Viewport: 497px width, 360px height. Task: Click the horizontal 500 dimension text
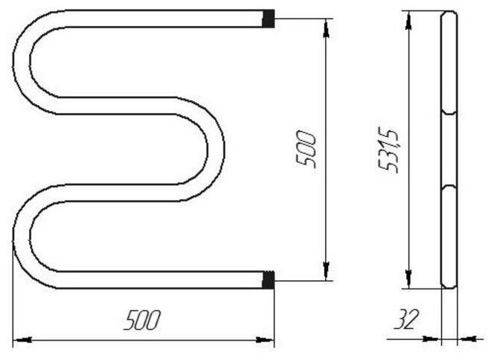click(x=142, y=320)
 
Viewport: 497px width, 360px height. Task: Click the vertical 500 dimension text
click(x=305, y=150)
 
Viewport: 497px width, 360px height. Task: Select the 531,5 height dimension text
click(x=388, y=152)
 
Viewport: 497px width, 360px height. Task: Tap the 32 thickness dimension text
click(x=406, y=319)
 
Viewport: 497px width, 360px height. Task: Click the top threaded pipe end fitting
click(x=269, y=19)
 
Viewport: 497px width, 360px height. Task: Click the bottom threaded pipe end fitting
click(x=269, y=280)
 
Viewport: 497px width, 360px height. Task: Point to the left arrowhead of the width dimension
click(x=23, y=340)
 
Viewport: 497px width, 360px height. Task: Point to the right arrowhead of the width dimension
click(x=264, y=340)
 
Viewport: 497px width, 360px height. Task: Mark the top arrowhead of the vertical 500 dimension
click(x=326, y=28)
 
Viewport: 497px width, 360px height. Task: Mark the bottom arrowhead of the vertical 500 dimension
click(x=326, y=271)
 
